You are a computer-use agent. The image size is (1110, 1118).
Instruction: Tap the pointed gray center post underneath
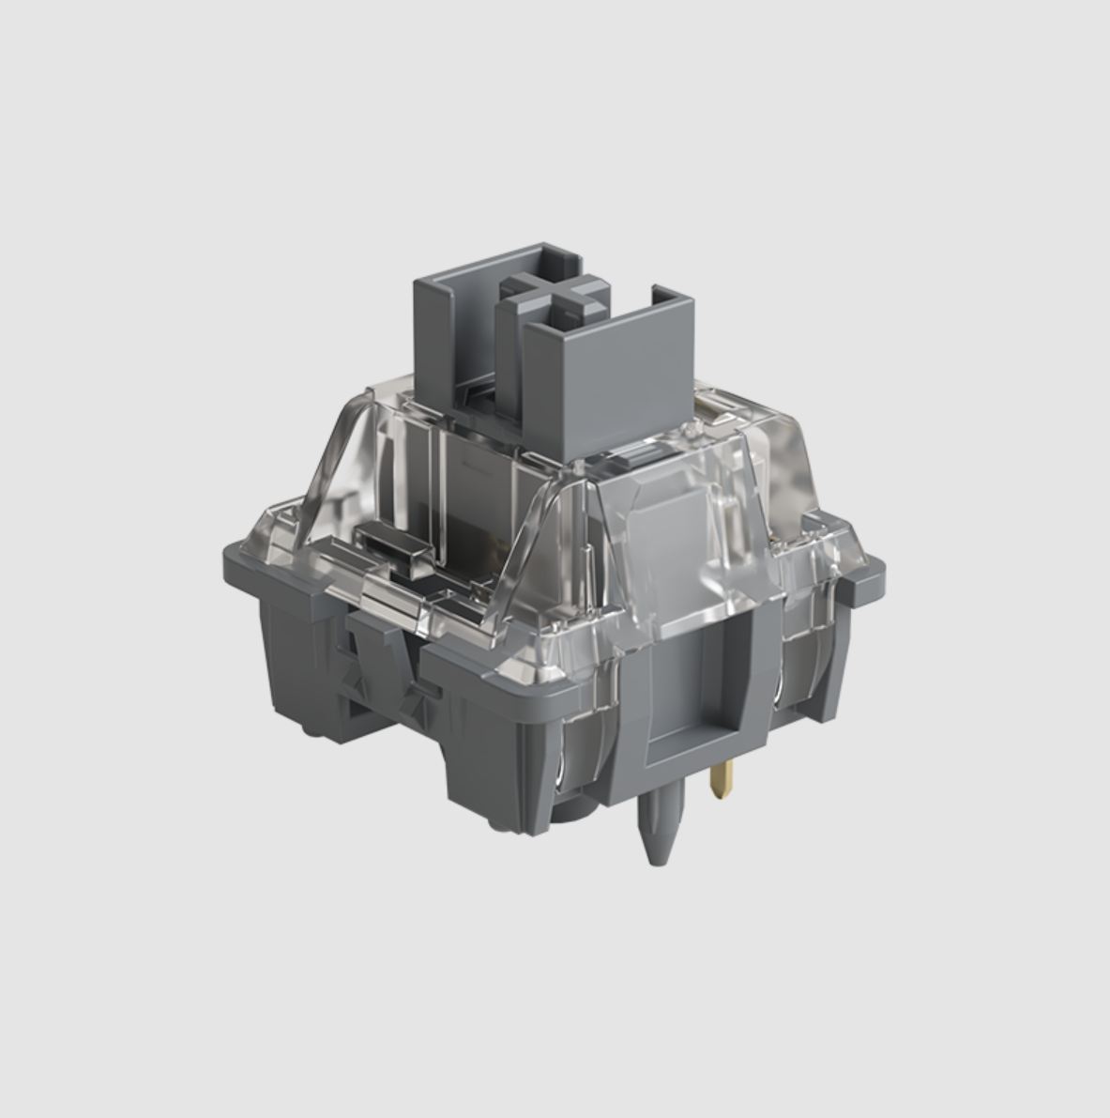(656, 826)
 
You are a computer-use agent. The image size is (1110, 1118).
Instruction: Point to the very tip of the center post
(658, 861)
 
